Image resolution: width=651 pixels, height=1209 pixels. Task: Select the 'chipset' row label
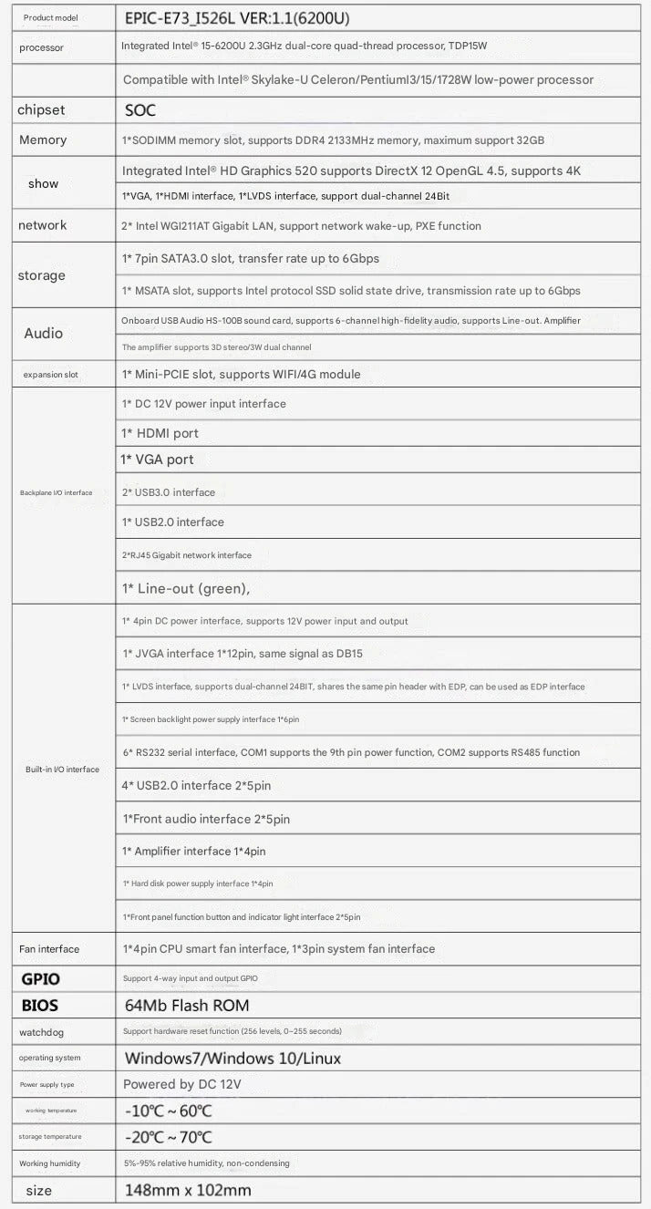pyautogui.click(x=41, y=110)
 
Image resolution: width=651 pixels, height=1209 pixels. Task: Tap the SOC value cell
pyautogui.click(x=140, y=110)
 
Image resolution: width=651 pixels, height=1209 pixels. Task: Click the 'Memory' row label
pyautogui.click(x=43, y=140)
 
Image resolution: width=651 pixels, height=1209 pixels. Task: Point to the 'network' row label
pyautogui.click(x=42, y=225)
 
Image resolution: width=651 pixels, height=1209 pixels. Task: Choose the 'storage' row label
pyautogui.click(x=42, y=275)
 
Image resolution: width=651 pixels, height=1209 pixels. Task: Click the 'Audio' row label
pyautogui.click(x=43, y=333)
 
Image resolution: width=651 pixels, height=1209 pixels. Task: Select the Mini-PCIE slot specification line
pyautogui.click(x=241, y=374)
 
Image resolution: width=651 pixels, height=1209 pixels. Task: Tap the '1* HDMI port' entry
pyautogui.click(x=160, y=433)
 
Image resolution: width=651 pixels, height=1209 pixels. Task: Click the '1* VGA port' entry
pyautogui.click(x=157, y=460)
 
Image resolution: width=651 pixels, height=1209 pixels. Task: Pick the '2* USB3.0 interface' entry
pyautogui.click(x=169, y=492)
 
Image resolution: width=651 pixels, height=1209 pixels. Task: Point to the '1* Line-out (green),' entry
pyautogui.click(x=186, y=589)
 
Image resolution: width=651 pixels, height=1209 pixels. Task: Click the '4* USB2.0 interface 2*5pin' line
pyautogui.click(x=196, y=786)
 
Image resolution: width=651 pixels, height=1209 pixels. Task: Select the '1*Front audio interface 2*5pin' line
pyautogui.click(x=206, y=819)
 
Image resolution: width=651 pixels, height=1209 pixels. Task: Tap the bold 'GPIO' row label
pyautogui.click(x=40, y=978)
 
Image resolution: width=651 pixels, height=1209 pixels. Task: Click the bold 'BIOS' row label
pyautogui.click(x=39, y=1006)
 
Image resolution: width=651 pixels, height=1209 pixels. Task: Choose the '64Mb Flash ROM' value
pyautogui.click(x=186, y=1006)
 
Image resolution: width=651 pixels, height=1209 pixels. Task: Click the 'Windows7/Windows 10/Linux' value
pyautogui.click(x=232, y=1059)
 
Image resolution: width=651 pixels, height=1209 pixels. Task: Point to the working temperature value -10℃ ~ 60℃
pyautogui.click(x=168, y=1111)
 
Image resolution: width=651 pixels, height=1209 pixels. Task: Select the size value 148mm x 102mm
pyautogui.click(x=187, y=1190)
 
